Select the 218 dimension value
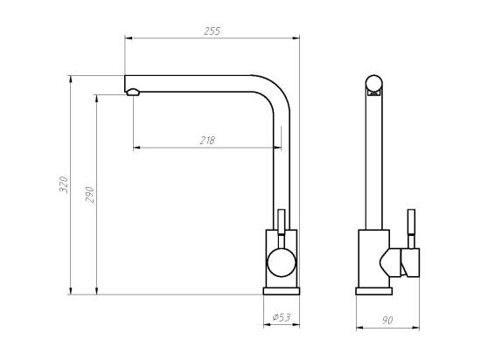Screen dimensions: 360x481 point(206,140)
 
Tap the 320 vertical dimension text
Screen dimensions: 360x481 point(62,184)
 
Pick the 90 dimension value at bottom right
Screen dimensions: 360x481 point(387,321)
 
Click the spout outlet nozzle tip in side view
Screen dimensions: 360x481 point(132,91)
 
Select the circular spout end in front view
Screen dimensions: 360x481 point(374,85)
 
